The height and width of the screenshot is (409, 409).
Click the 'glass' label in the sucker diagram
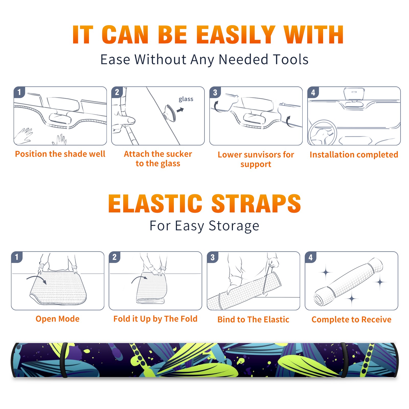point(186,99)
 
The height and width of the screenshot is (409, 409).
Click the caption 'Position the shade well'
point(60,154)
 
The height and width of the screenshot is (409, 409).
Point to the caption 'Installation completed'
point(354,154)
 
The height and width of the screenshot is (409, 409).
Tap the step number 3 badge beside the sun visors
point(215,92)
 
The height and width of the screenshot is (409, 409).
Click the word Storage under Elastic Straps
point(234,226)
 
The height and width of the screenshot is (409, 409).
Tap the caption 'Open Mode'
point(58,319)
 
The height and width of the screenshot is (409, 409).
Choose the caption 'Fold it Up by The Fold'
point(155,319)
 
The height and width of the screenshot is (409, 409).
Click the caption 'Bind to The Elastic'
point(253,320)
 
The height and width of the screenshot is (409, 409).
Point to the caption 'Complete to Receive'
point(351,320)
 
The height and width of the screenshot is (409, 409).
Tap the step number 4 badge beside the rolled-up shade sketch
point(311,257)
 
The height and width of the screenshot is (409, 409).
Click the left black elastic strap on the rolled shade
point(64,360)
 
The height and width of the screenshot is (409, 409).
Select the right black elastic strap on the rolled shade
point(344,360)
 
